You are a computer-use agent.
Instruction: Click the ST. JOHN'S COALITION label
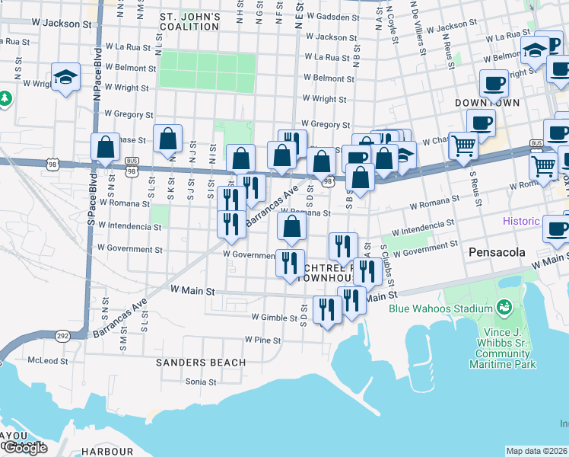pos(189,21)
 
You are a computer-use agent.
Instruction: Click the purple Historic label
pos(521,221)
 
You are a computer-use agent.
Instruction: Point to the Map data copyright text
pos(536,451)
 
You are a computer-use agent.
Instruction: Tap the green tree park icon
pos(5,98)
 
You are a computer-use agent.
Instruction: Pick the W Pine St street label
pos(262,340)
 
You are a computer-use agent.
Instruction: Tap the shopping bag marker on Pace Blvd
pos(106,146)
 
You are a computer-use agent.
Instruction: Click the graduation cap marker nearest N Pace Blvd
pos(66,77)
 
